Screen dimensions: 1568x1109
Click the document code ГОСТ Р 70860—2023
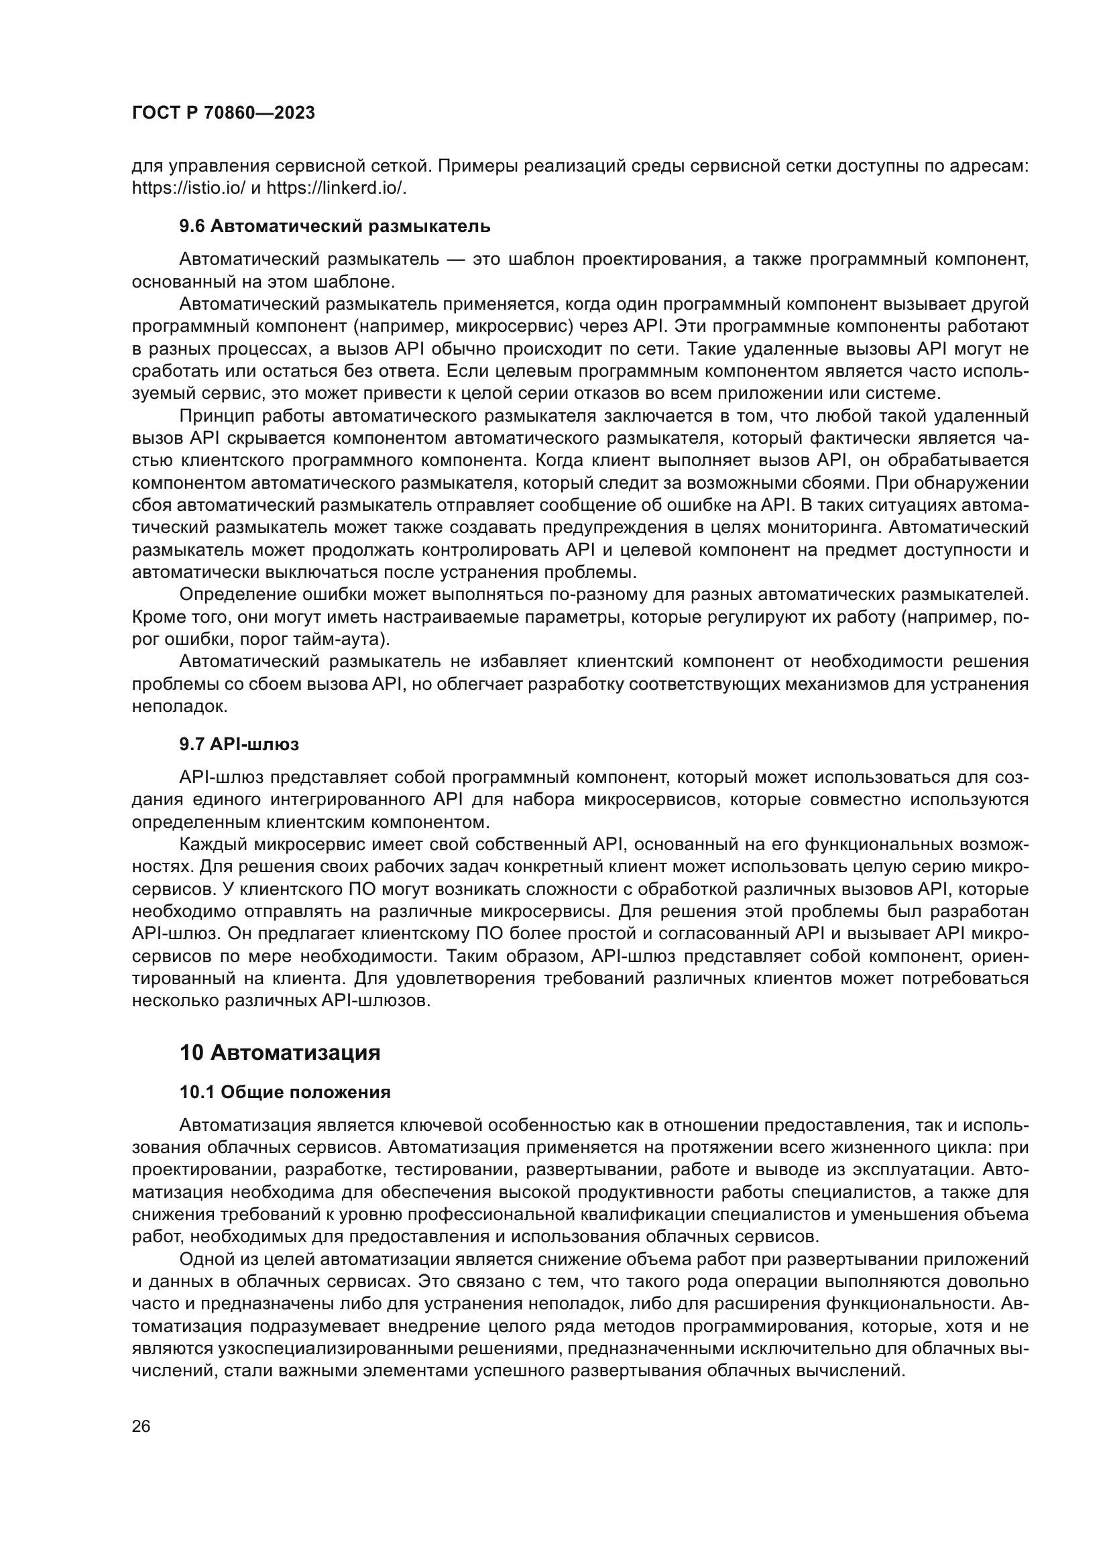pyautogui.click(x=223, y=113)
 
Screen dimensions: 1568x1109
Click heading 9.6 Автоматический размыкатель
pyautogui.click(x=335, y=226)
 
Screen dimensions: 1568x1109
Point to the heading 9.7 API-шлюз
pyautogui.click(x=239, y=744)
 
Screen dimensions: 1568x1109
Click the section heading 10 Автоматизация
pyautogui.click(x=280, y=1052)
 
